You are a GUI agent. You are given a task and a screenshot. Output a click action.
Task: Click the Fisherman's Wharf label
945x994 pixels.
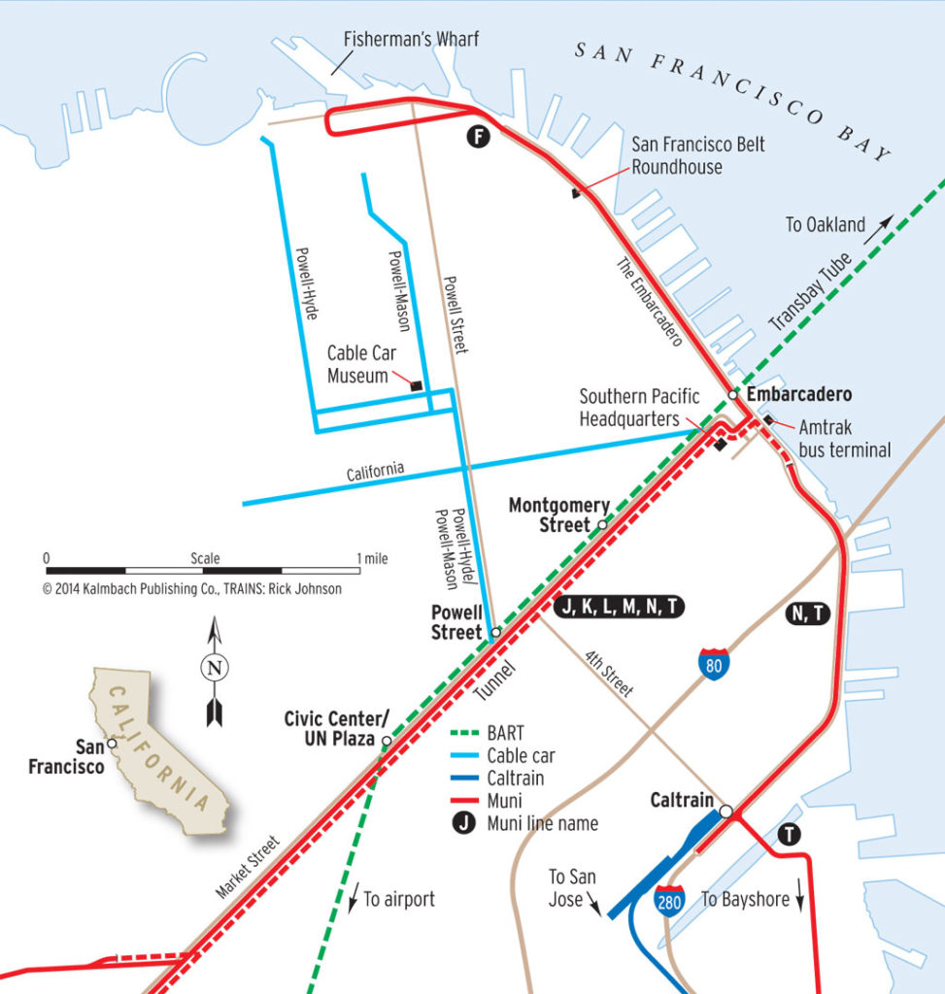coord(412,40)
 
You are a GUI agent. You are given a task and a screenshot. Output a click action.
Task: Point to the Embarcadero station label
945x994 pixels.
coord(799,395)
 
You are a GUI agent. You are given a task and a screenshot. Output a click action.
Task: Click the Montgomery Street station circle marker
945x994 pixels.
coord(602,524)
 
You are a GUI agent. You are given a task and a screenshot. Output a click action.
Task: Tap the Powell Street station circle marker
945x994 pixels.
coord(495,632)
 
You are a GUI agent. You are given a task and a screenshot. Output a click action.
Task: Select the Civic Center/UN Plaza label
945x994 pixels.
coord(336,729)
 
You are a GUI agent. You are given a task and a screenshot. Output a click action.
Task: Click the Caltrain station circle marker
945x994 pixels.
coord(726,811)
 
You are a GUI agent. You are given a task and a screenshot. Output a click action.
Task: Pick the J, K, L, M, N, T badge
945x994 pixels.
coord(619,608)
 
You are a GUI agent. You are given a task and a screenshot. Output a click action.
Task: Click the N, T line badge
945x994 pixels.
coord(807,613)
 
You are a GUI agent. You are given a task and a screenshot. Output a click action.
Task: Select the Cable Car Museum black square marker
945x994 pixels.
coord(417,385)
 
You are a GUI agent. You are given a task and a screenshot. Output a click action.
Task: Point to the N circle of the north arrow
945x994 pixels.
coord(215,667)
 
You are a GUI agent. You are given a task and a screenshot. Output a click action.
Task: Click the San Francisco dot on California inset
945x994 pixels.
coord(112,744)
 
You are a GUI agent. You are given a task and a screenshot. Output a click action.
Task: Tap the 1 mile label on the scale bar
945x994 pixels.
coord(372,559)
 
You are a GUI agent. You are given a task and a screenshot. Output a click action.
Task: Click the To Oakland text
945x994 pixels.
coord(825,225)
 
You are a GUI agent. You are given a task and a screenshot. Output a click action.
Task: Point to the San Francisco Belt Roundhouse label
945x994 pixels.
coord(697,155)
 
